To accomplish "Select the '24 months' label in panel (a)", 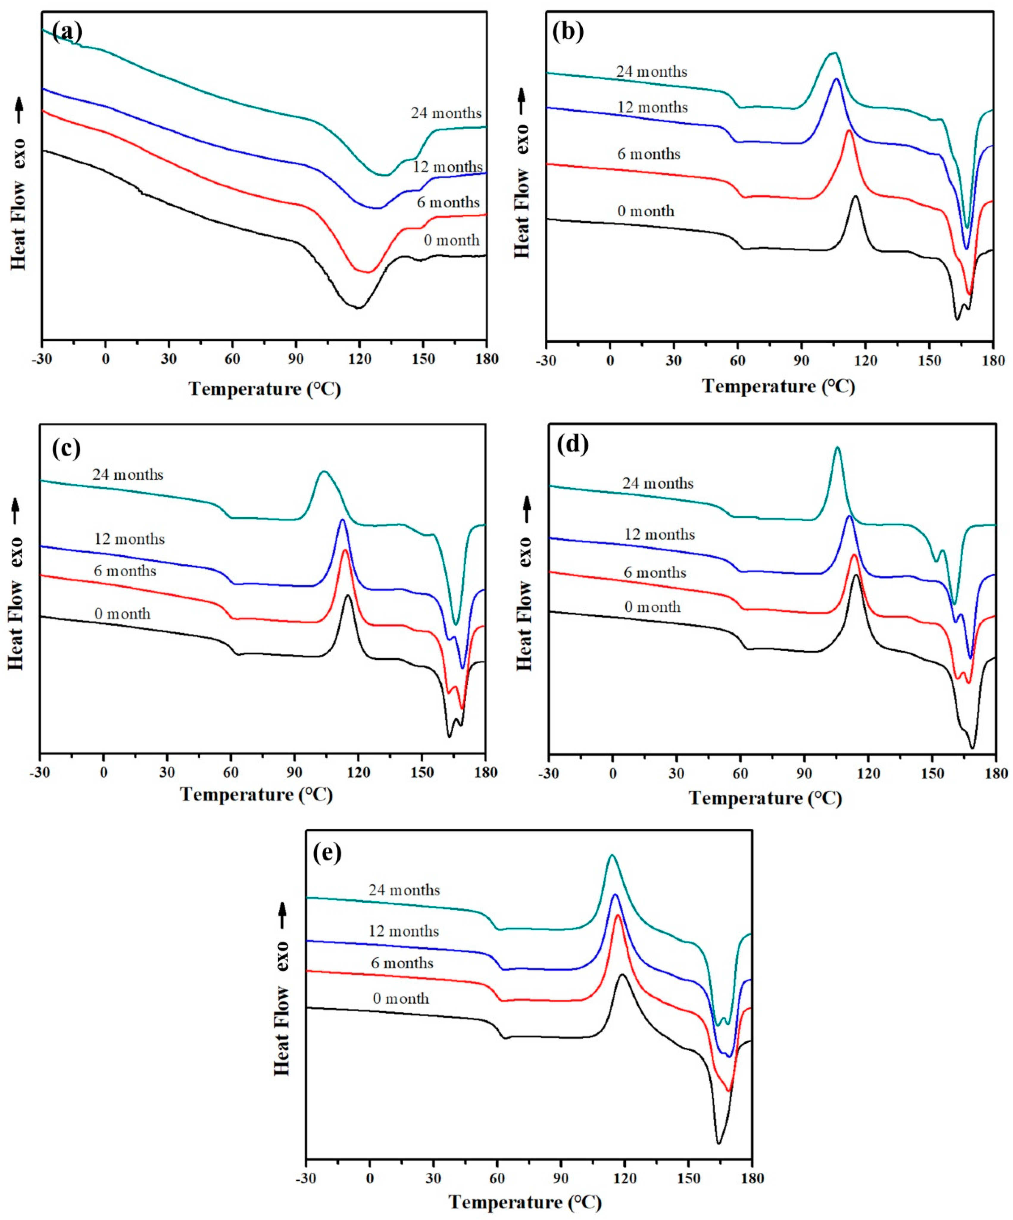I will click(x=446, y=113).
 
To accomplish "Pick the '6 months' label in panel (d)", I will click(x=655, y=573).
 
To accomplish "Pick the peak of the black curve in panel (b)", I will click(x=855, y=196).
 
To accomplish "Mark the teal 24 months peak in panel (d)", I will click(x=837, y=447).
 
